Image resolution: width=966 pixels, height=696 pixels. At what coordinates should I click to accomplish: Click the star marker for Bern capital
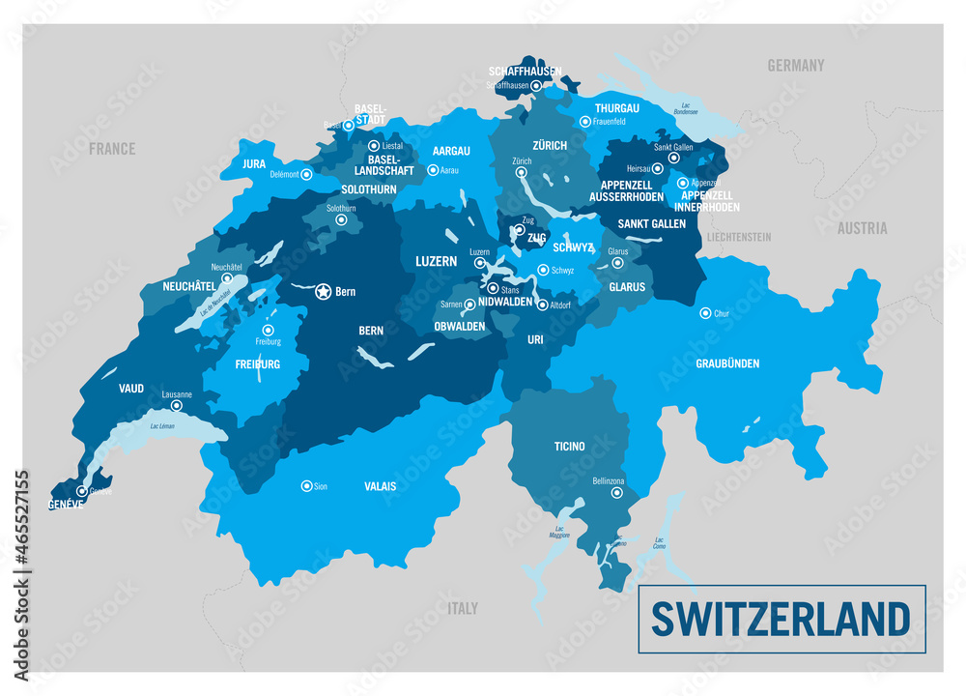(x=323, y=290)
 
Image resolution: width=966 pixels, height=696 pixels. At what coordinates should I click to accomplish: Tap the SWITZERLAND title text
(x=781, y=619)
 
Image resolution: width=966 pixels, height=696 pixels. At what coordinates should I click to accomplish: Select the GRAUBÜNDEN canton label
(x=727, y=363)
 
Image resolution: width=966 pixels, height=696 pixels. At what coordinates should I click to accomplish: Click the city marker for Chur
(x=705, y=313)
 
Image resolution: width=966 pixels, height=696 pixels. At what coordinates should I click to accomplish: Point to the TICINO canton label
(x=569, y=446)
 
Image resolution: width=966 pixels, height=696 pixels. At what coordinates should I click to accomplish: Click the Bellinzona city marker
(x=616, y=493)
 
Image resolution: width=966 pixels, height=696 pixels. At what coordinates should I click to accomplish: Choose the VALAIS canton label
(x=381, y=486)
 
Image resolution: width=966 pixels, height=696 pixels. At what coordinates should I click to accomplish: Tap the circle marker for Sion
(x=306, y=486)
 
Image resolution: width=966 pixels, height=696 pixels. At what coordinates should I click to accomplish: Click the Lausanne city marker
(x=176, y=406)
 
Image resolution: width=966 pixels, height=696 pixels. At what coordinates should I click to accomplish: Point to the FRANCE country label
(x=112, y=149)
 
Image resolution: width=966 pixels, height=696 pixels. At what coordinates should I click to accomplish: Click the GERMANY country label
(x=796, y=66)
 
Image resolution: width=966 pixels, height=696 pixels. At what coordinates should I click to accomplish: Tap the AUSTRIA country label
(x=862, y=229)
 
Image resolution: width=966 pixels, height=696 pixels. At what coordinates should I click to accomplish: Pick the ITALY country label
(x=463, y=608)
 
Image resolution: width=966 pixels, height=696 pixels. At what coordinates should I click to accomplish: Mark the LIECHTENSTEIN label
(x=739, y=237)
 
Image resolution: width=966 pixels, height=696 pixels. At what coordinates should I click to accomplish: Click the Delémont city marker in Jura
(x=306, y=175)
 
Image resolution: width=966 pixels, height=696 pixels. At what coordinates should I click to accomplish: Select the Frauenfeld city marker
(x=584, y=122)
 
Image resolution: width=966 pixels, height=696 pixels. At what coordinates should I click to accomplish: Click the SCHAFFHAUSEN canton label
(x=525, y=72)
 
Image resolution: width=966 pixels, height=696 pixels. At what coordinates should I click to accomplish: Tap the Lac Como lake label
(x=661, y=543)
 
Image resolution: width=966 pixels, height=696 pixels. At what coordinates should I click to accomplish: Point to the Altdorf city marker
(x=542, y=304)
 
